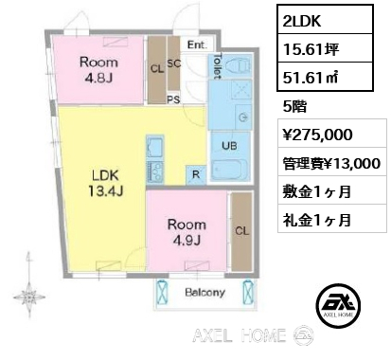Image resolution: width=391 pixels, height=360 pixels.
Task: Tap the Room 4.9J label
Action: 187,233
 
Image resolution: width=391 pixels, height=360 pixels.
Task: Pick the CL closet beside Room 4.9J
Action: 241,229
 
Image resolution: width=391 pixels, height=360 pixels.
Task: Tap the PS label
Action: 173,98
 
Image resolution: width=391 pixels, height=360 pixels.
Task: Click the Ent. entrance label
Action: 197,45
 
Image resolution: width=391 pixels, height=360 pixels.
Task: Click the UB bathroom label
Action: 228,148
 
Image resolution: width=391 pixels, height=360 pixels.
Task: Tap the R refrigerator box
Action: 194,173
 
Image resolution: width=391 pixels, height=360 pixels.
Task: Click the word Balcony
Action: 204,293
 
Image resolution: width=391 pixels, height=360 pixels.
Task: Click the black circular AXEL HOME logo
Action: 337,305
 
